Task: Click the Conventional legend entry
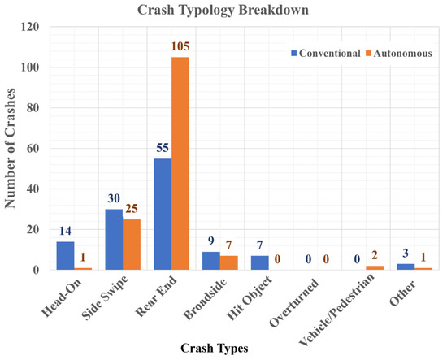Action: [x=326, y=53]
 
